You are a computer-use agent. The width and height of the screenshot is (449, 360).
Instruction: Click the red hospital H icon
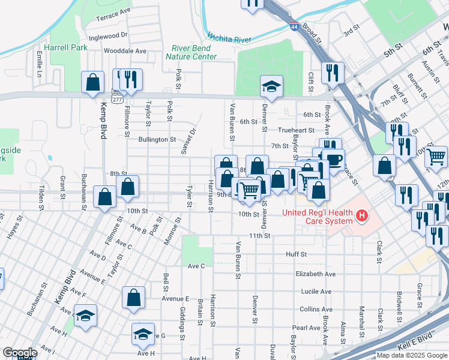[361, 214]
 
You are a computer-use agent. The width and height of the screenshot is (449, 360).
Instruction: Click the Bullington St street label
[157, 139]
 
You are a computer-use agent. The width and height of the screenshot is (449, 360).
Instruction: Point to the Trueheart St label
[296, 130]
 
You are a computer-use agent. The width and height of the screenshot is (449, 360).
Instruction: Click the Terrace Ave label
[113, 11]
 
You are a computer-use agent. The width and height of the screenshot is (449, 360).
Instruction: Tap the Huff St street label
[296, 254]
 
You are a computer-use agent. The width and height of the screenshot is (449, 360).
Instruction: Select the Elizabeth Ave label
[315, 274]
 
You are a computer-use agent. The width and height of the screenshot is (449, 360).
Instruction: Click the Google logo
[20, 353]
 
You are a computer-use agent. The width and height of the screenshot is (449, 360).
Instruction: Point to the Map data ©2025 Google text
[411, 355]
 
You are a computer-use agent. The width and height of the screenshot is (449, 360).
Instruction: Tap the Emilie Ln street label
[39, 64]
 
